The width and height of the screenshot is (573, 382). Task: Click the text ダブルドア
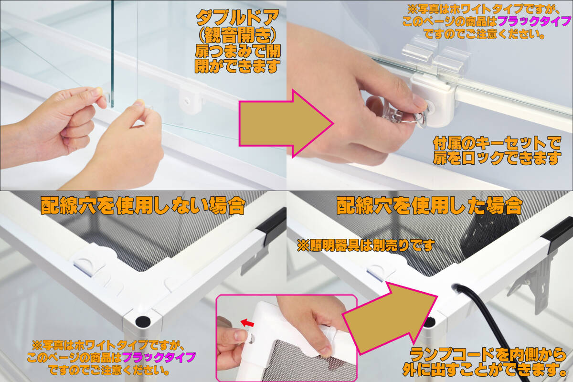[x=237, y=18]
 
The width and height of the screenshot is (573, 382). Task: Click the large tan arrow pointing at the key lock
[x=286, y=124]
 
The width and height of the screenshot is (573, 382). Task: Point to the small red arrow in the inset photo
[x=247, y=323]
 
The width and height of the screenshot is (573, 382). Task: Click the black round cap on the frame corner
[x=143, y=322]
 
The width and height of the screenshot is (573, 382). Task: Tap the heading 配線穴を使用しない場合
[x=143, y=205]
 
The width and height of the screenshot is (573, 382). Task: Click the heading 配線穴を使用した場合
[x=429, y=205]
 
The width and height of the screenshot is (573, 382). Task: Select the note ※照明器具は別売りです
[x=366, y=245]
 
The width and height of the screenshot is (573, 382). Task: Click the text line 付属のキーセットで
[x=497, y=143]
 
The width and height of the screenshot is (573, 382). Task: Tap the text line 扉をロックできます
[x=497, y=158]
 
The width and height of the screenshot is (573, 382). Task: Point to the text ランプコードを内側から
[x=488, y=355]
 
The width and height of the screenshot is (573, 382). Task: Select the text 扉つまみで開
[x=238, y=51]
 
